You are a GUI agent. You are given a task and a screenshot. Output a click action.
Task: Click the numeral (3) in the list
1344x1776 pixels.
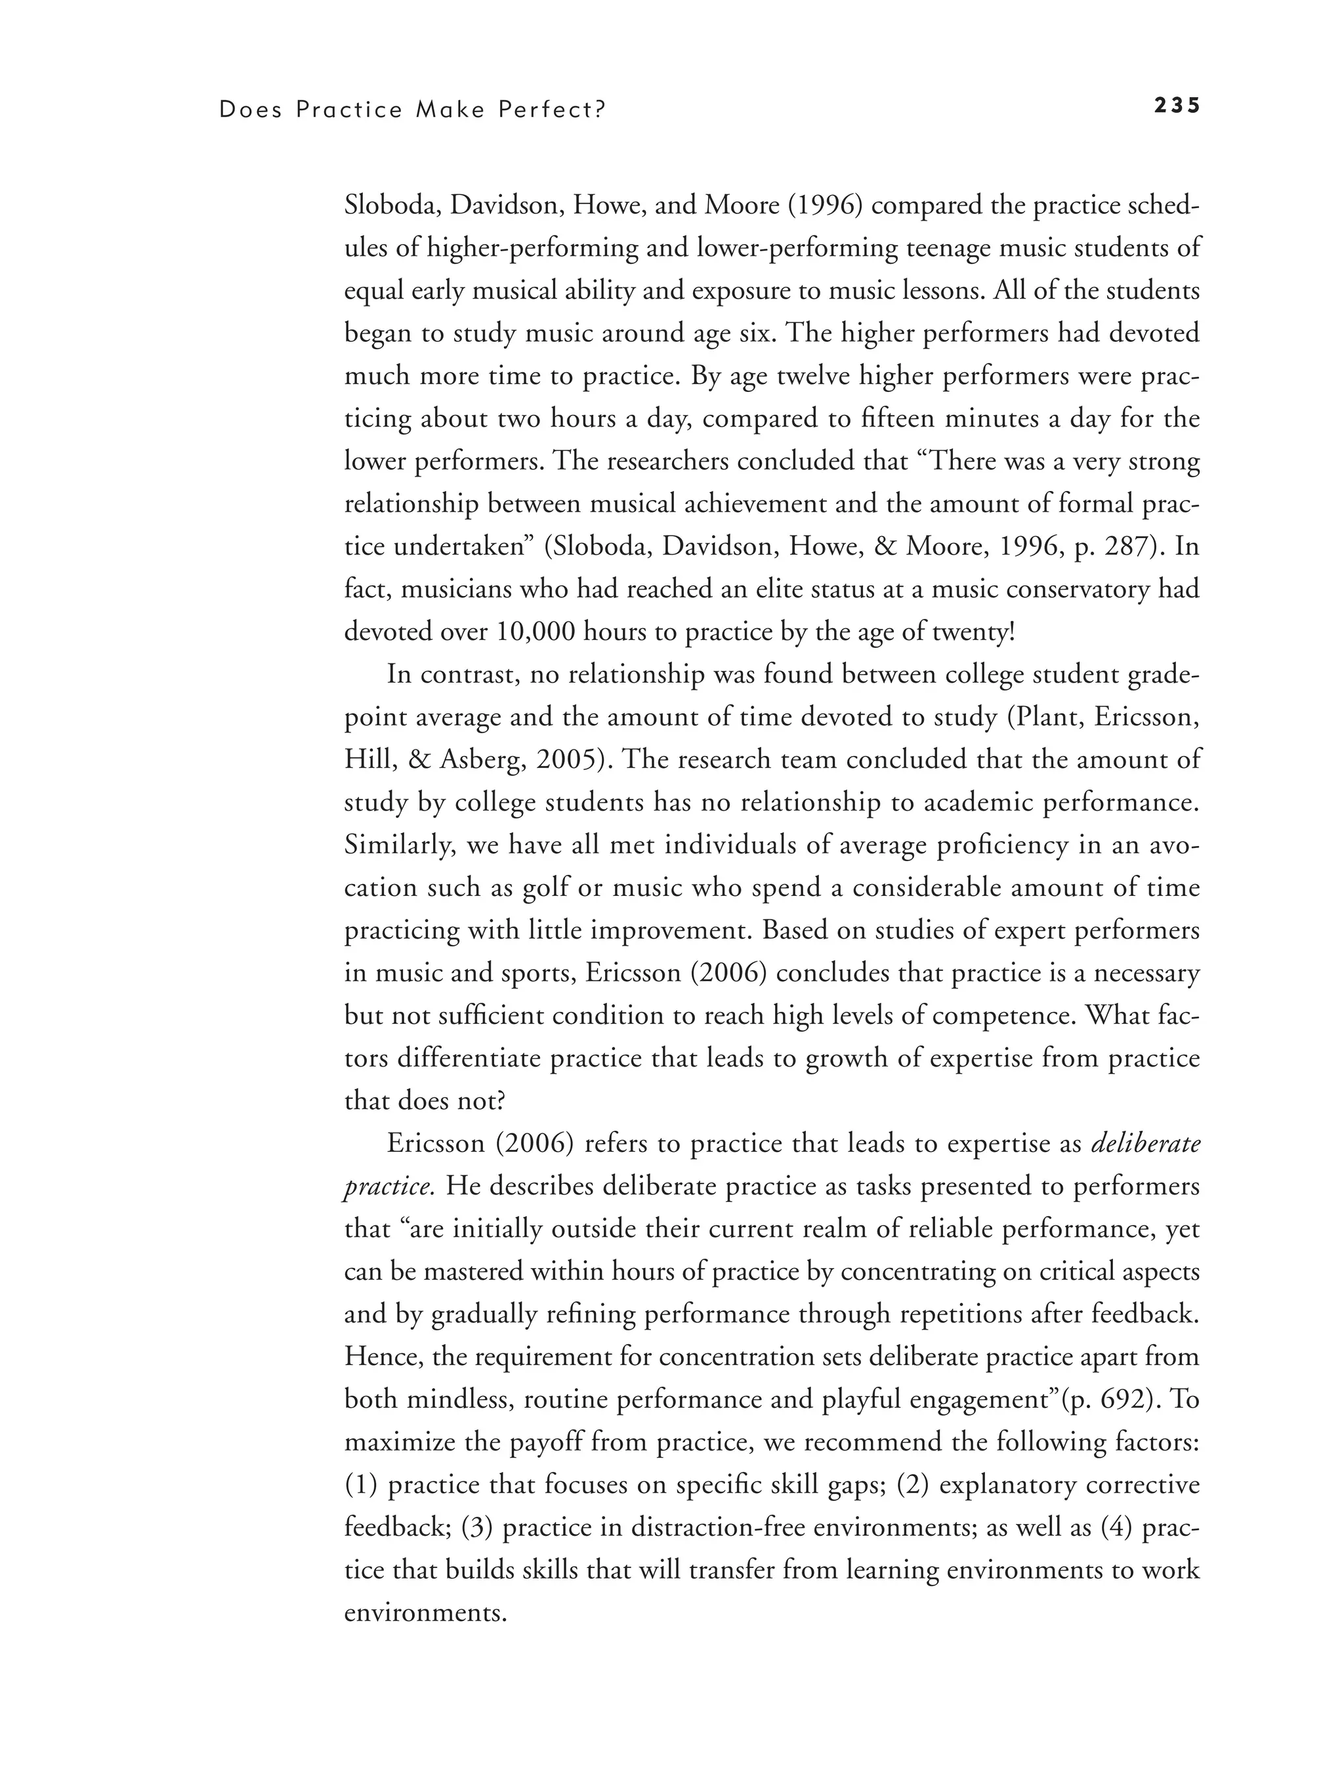477,1528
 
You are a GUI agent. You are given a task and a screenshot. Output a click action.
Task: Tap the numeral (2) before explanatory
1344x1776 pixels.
913,1485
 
